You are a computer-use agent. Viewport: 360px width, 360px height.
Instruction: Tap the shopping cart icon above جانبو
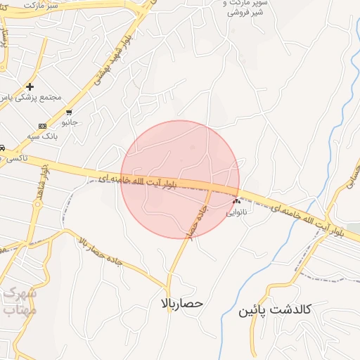pyautogui.click(x=68, y=112)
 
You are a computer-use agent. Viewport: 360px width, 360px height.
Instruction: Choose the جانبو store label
pyautogui.click(x=70, y=123)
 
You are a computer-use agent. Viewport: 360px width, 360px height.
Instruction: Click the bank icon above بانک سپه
pyautogui.click(x=42, y=127)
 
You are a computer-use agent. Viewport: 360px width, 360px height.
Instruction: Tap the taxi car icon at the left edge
pyautogui.click(x=3, y=148)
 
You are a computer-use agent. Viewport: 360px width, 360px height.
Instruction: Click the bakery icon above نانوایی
pyautogui.click(x=236, y=200)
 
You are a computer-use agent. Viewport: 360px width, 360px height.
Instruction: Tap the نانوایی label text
pyautogui.click(x=237, y=212)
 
